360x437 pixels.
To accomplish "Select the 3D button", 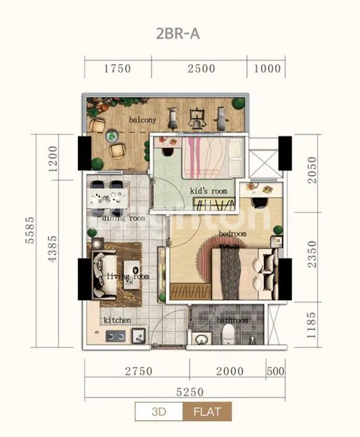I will click(158, 412).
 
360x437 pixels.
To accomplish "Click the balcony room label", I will click(143, 119).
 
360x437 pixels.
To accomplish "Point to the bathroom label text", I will click(232, 320).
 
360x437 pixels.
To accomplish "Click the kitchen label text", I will click(117, 320).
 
